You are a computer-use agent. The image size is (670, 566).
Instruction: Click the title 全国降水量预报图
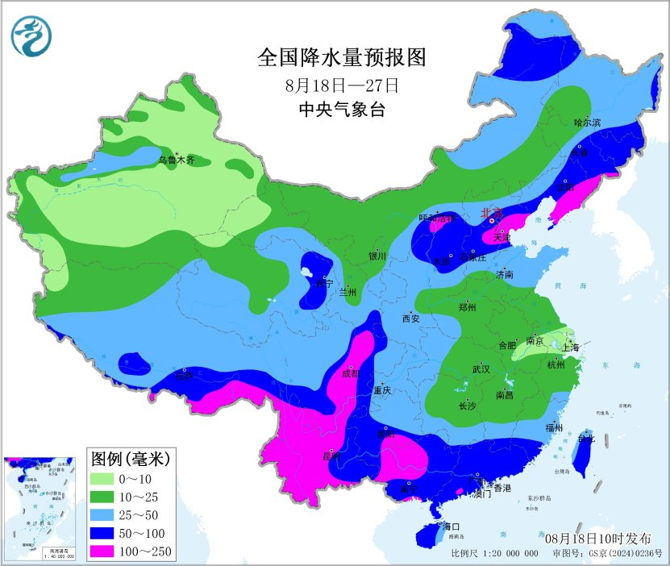point(341,58)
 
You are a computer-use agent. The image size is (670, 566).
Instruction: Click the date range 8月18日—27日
point(342,85)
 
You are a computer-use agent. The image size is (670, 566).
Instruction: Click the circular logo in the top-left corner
point(31,36)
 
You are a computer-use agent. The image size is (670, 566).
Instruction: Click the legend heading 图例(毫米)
point(130,460)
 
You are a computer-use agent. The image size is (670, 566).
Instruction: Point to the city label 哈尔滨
point(587,123)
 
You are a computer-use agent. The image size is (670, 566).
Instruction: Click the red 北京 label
point(491,213)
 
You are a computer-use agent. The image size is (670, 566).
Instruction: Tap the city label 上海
point(571,348)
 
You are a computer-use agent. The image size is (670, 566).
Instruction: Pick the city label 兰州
point(348,292)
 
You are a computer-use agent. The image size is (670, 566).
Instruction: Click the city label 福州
point(554,427)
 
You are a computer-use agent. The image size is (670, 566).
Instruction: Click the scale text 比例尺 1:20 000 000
point(494,554)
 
